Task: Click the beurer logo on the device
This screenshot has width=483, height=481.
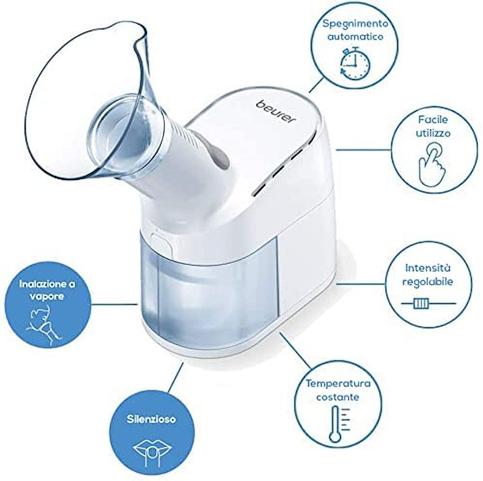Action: tap(276, 112)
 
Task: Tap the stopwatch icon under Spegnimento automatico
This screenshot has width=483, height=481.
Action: tap(355, 63)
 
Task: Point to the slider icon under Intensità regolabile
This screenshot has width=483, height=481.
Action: tap(428, 303)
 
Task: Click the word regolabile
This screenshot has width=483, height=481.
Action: tap(428, 282)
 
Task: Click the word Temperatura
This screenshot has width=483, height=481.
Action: tap(338, 384)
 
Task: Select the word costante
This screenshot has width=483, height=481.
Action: tap(338, 397)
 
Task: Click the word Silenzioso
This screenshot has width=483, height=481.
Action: tap(151, 419)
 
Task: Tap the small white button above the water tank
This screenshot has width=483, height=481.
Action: tap(161, 242)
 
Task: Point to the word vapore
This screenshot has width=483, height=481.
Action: tap(47, 296)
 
